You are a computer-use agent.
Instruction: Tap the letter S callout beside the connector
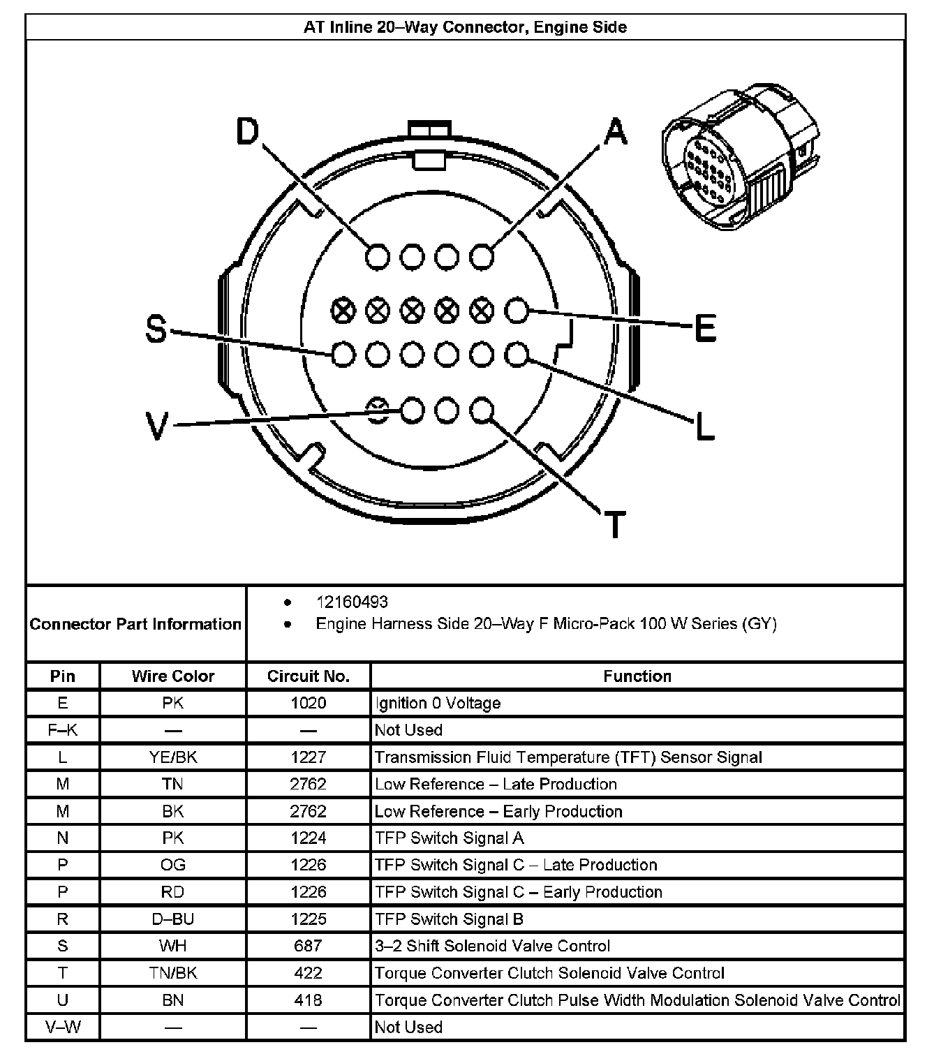[x=156, y=329]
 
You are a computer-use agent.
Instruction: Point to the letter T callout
[x=614, y=524]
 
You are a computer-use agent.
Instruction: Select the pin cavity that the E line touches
[x=517, y=311]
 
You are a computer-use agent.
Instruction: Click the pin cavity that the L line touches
[x=517, y=355]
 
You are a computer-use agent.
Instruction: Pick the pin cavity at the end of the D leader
[x=378, y=257]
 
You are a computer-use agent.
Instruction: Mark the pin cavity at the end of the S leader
[x=343, y=355]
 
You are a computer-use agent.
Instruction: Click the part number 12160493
[x=352, y=602]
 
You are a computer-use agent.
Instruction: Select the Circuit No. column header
[x=308, y=676]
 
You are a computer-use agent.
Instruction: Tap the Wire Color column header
[x=172, y=676]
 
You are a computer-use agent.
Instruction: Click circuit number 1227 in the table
[x=308, y=757]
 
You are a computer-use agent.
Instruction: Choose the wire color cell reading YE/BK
[x=172, y=757]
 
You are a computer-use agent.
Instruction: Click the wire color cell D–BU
[x=172, y=919]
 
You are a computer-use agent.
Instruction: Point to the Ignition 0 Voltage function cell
[x=438, y=703]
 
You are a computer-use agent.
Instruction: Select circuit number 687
[x=308, y=946]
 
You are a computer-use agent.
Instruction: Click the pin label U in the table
[x=63, y=1000]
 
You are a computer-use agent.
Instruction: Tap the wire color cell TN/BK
[x=172, y=972]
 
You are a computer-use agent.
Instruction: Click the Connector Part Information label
[x=135, y=624]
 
